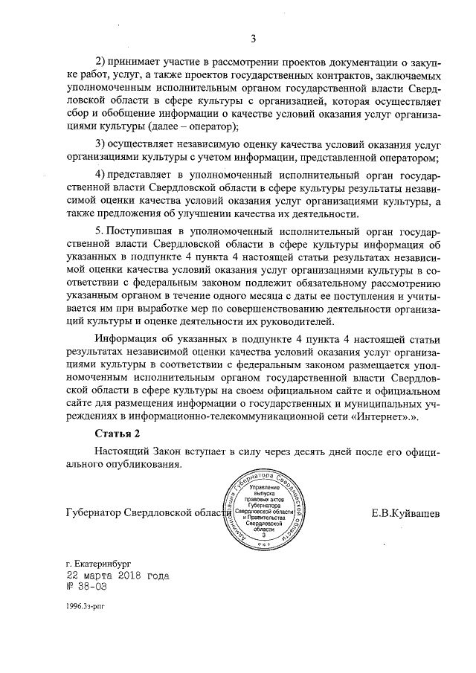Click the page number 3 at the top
pos(253,39)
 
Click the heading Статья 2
pos(118,433)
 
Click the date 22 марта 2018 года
pos(118,576)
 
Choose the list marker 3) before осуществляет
pos(102,144)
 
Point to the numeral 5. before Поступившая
pos(100,231)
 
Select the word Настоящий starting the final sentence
pos(124,451)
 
